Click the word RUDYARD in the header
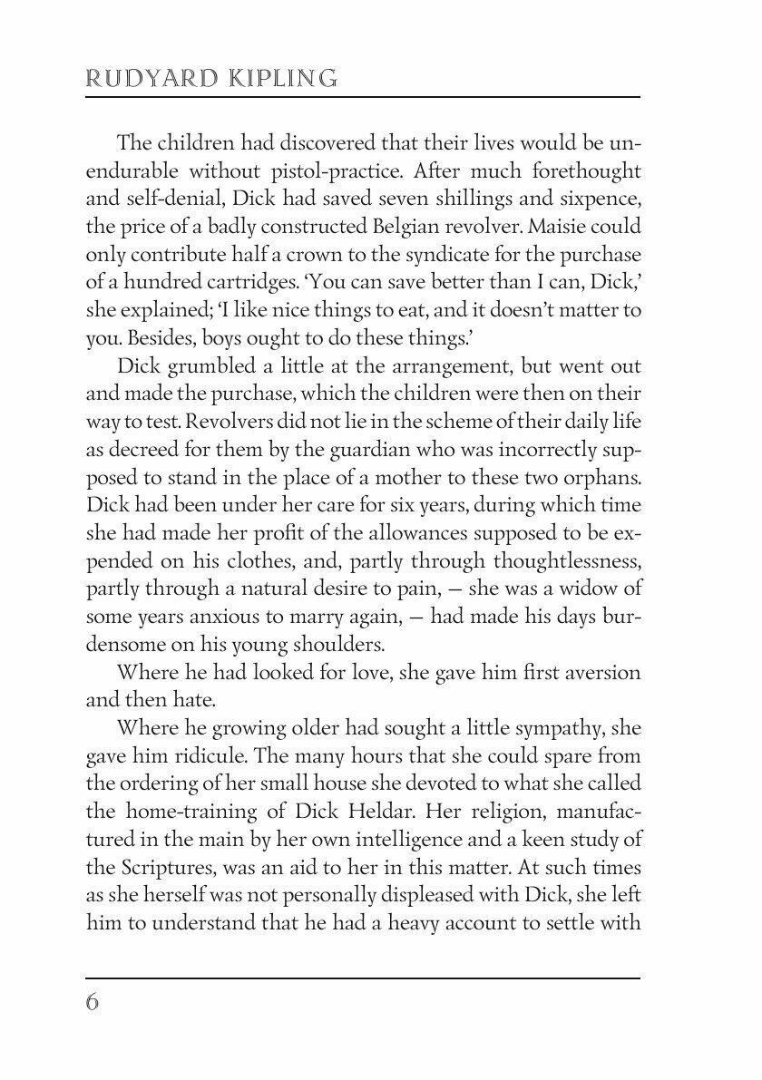click(146, 79)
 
